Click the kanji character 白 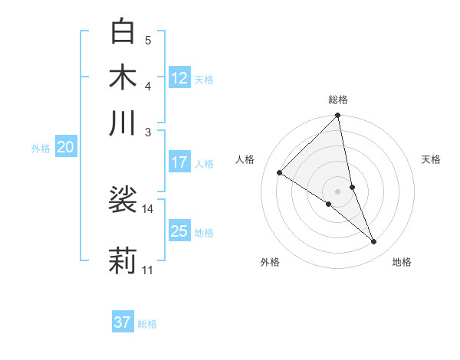123,31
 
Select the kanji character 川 123,123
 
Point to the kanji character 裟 123,200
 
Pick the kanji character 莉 123,260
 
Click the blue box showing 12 179,77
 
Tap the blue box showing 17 179,162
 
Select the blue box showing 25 179,231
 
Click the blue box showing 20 65,148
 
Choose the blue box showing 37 123,322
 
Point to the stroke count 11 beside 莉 147,270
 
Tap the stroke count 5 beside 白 148,41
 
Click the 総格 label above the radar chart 337,100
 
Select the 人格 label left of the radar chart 245,159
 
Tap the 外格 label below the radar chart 270,262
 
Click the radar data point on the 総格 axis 337,116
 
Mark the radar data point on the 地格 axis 374,242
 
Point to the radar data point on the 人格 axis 280,173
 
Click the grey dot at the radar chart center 337,191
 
